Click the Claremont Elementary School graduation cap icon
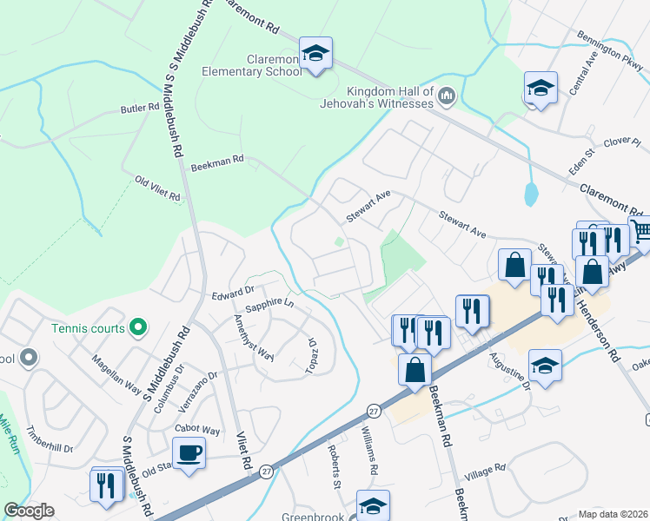(315, 53)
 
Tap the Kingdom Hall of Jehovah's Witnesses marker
(448, 94)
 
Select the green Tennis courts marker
(137, 327)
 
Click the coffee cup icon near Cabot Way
(189, 452)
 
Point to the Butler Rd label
(141, 109)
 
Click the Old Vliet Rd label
(157, 188)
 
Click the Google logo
(29, 511)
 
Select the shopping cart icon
(641, 231)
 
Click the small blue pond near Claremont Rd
(530, 194)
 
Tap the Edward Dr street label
(232, 293)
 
